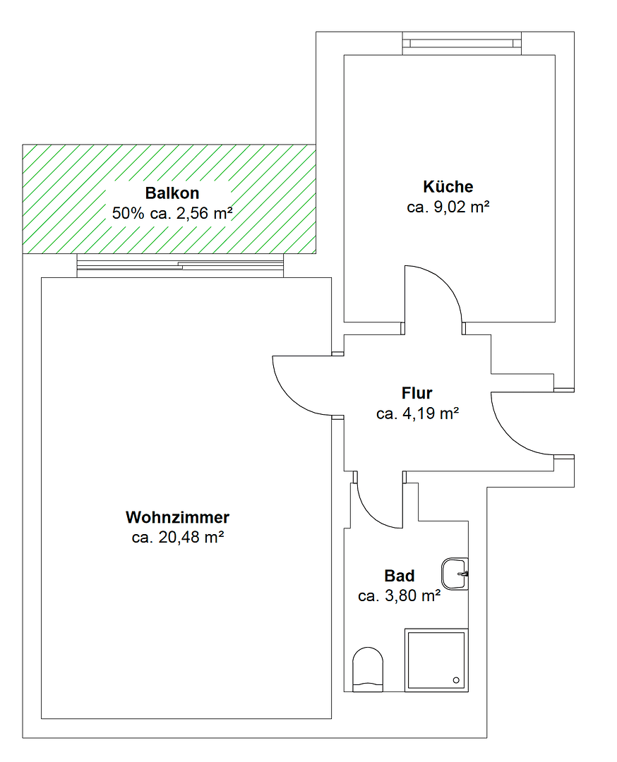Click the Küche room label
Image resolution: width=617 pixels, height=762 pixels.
448,187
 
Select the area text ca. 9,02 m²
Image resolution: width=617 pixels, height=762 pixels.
448,207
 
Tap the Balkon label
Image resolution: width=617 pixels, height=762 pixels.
172,193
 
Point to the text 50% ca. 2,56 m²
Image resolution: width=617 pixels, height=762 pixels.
172,213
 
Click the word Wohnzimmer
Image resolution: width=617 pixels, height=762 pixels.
177,517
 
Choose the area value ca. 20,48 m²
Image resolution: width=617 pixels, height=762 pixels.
177,538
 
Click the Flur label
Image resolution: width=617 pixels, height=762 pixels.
417,393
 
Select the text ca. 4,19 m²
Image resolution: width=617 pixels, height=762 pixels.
417,414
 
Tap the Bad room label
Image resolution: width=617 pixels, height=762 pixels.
399,576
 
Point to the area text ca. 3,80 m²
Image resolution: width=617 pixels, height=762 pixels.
399,596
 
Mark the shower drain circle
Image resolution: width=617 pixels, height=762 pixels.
456,680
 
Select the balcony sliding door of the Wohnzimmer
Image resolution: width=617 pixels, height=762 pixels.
180,265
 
